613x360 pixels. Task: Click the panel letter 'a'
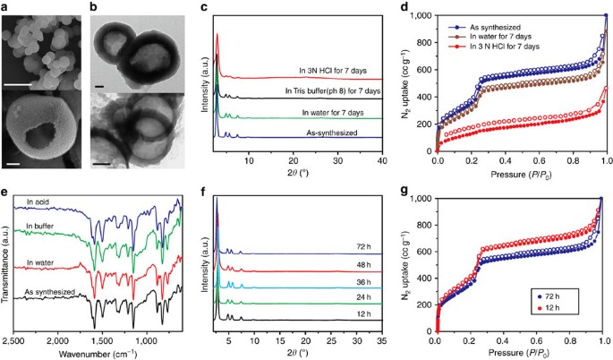click(6, 7)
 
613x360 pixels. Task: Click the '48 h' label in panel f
click(362, 264)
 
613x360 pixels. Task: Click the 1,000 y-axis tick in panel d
click(421, 16)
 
